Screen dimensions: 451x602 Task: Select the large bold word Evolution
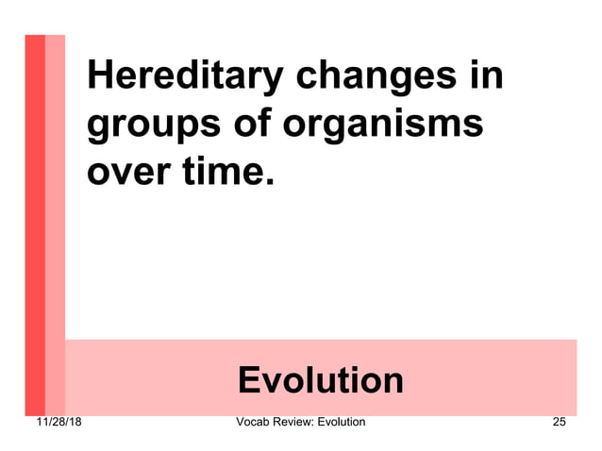(321, 380)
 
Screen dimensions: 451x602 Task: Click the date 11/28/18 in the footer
(53, 422)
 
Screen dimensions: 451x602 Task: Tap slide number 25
(559, 422)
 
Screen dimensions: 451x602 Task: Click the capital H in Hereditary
(100, 75)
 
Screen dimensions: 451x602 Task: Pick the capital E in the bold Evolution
(249, 380)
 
